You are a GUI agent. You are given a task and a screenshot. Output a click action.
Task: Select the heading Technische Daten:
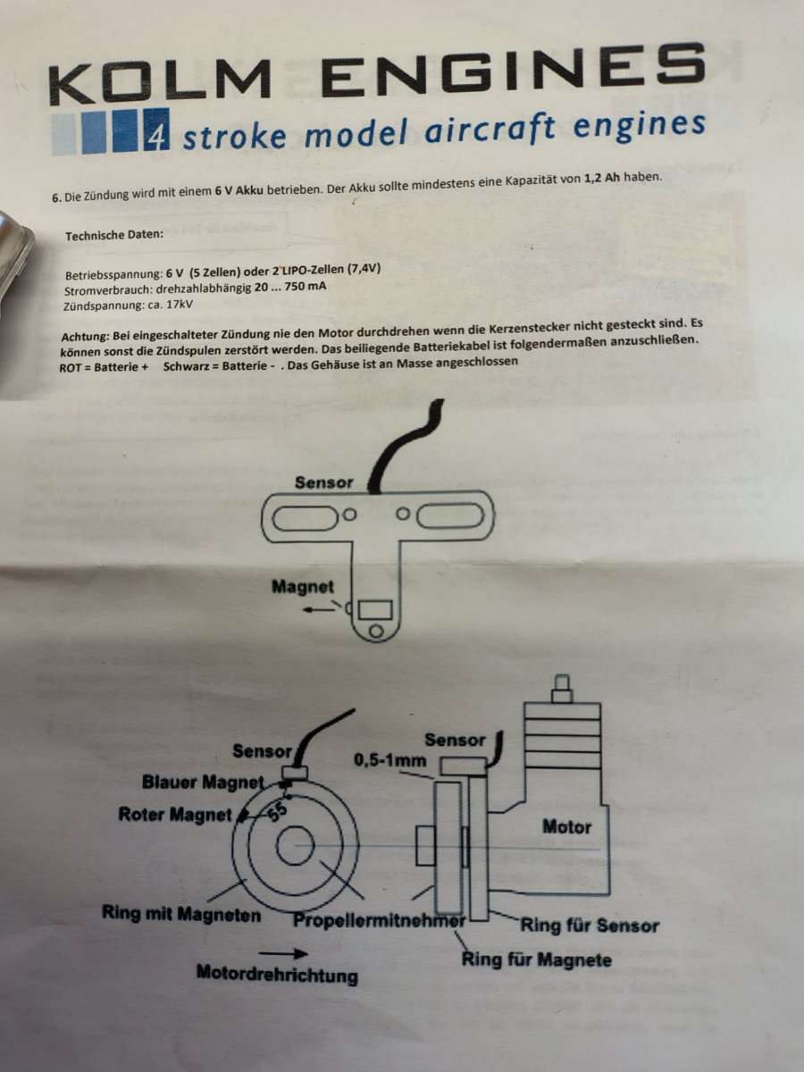114,236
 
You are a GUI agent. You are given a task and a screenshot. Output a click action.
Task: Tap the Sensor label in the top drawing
323,482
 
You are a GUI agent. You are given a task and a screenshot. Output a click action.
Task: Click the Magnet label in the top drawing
303,587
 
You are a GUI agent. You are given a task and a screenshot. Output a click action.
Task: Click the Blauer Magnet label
203,783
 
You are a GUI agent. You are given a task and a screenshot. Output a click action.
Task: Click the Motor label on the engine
566,826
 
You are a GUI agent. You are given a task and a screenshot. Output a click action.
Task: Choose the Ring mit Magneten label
181,915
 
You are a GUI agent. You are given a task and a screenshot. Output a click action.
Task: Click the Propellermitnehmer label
380,919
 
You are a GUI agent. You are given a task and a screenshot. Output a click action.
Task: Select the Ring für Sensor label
589,925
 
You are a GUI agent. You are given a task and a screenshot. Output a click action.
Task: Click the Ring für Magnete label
536,960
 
